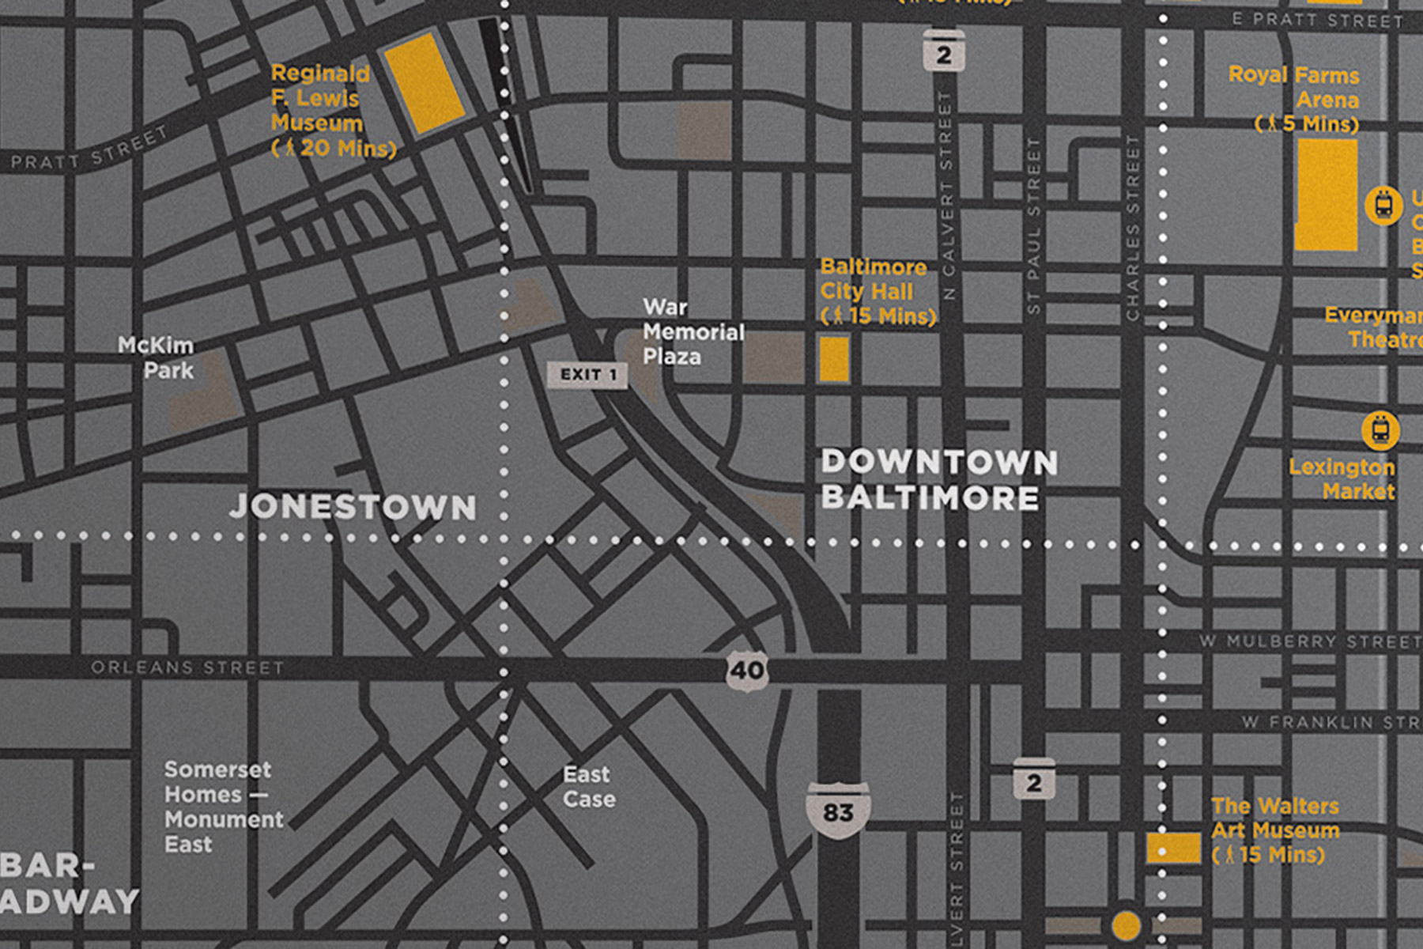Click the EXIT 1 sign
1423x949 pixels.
[587, 375]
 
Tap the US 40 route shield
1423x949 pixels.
[746, 671]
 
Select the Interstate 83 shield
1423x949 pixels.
[838, 811]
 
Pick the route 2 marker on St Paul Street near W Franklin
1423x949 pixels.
[1033, 781]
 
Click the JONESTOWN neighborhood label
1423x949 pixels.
[353, 507]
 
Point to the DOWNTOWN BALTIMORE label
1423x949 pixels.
[938, 480]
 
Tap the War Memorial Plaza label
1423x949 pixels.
[692, 331]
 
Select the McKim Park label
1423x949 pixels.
[157, 357]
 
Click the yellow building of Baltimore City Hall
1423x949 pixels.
[833, 359]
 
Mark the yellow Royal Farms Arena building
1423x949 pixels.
[1326, 195]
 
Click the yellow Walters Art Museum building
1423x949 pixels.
[1173, 848]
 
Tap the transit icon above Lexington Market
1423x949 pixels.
[1380, 430]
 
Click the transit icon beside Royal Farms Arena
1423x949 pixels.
[1383, 205]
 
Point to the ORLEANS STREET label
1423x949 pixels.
[187, 667]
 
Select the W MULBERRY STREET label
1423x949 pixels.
[1309, 641]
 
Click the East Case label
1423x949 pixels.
[588, 786]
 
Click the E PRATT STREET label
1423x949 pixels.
[1317, 21]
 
